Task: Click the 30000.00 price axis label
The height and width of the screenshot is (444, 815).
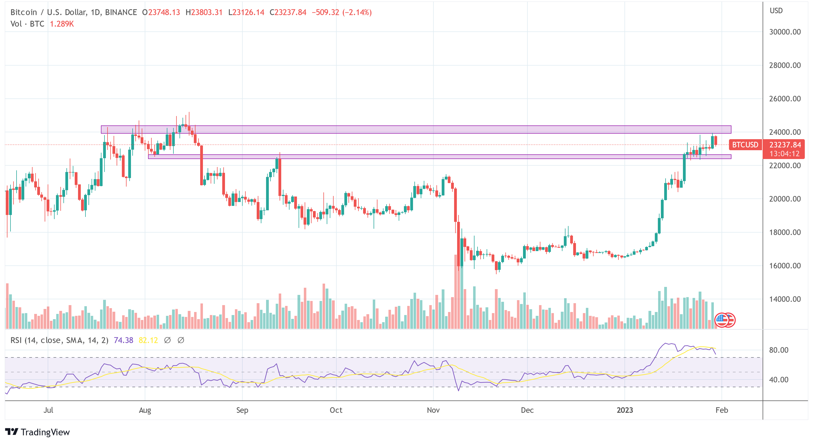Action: coord(785,32)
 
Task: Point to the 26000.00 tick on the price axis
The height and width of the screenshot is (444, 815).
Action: coord(785,99)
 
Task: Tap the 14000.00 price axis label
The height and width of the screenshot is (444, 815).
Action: coord(785,299)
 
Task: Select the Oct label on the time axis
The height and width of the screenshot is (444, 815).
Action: coord(336,410)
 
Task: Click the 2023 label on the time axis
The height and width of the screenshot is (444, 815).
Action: coord(624,410)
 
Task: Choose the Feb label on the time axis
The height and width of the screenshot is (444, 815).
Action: coord(721,410)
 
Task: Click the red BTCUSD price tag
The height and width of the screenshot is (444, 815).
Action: coord(745,145)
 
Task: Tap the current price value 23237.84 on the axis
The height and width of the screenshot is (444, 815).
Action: coord(785,145)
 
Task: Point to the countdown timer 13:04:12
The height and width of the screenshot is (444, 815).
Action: coord(784,154)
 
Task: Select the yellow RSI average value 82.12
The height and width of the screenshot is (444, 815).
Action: coord(148,340)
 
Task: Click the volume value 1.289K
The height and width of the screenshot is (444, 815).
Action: coord(62,24)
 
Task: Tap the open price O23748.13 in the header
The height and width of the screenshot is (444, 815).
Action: coord(161,12)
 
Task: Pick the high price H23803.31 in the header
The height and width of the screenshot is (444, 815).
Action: coord(204,12)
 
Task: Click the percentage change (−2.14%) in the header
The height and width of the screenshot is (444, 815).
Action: coord(357,12)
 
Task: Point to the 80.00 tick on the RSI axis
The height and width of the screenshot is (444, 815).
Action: coord(779,350)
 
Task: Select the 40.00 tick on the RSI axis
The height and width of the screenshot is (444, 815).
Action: coord(779,380)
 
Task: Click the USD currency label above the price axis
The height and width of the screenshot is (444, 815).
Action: coord(776,11)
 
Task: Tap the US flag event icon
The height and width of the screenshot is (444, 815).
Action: coord(722,320)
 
